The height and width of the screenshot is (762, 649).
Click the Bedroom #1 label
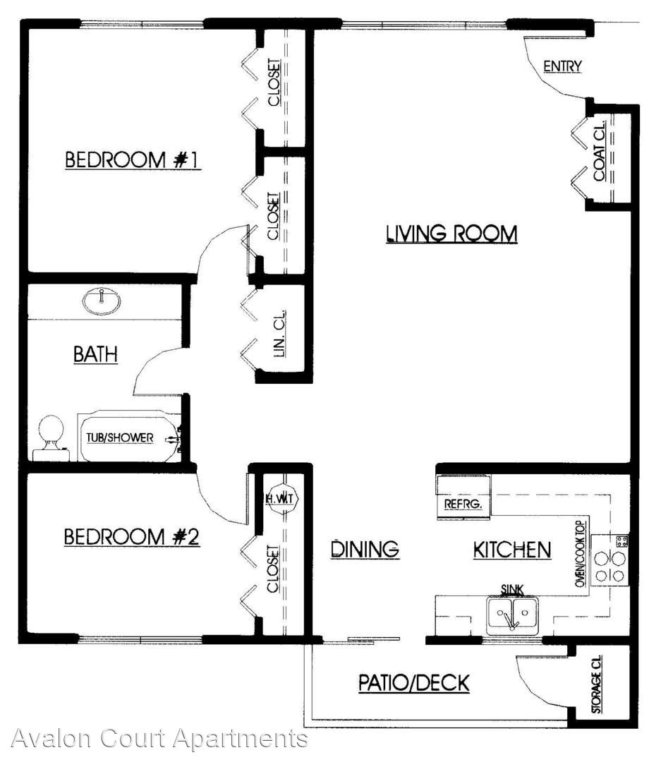(133, 160)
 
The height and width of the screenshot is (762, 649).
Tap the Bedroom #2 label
(132, 537)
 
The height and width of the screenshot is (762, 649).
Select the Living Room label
(451, 234)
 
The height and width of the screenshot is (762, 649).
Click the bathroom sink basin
(102, 301)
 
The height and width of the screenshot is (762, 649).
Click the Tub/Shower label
(119, 437)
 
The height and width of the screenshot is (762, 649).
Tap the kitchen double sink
(513, 615)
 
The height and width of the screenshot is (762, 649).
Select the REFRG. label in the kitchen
(463, 504)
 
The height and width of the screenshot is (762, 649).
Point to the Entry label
(562, 66)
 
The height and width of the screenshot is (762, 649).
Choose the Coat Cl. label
(600, 151)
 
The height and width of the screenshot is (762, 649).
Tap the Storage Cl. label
(597, 684)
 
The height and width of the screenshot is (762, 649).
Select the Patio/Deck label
(414, 683)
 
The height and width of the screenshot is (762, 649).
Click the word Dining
(365, 549)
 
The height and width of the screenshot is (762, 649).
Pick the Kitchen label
(512, 550)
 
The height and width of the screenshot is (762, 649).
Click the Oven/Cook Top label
(580, 554)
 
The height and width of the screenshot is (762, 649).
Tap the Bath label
(96, 353)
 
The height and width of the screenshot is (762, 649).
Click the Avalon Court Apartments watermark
(159, 739)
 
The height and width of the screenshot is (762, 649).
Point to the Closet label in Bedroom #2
(273, 569)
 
